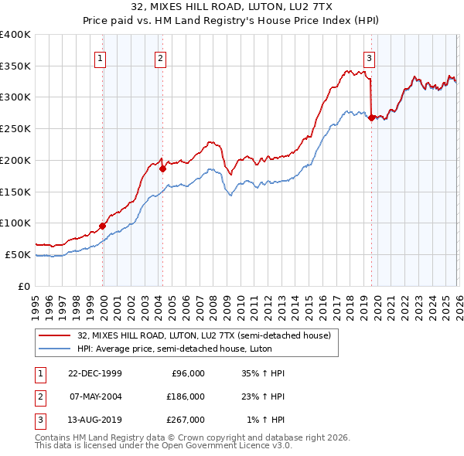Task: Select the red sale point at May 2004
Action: pyautogui.click(x=162, y=168)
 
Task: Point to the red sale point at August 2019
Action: pyautogui.click(x=372, y=117)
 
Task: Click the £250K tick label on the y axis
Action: pyautogui.click(x=15, y=128)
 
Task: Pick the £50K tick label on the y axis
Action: pyautogui.click(x=18, y=254)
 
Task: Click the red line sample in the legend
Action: pyautogui.click(x=55, y=335)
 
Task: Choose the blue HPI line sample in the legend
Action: pyautogui.click(x=55, y=349)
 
